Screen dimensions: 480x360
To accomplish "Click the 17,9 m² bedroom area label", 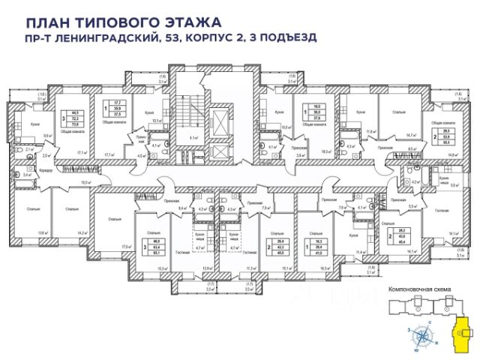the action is coord(124,245).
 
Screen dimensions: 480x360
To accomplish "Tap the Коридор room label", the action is coord(44,171).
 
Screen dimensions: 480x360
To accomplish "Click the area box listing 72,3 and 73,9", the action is coord(74,118).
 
